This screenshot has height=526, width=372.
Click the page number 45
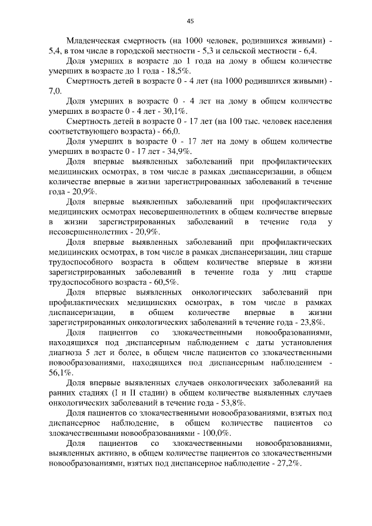189,22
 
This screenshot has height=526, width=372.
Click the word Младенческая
94,42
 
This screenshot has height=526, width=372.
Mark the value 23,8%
312,323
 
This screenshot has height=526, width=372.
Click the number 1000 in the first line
194,42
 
